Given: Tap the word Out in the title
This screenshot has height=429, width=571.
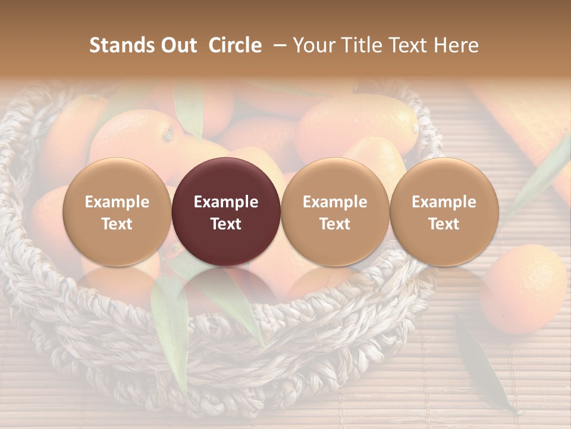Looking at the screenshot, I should click(x=177, y=45).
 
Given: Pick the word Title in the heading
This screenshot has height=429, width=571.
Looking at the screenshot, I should click(x=359, y=45).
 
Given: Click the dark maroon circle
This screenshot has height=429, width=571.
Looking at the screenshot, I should click(x=226, y=212).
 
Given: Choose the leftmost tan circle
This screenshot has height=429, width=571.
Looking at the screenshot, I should click(x=117, y=212).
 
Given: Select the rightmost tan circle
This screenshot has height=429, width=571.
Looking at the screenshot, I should click(x=444, y=212).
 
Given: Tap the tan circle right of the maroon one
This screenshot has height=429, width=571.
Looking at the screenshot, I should click(x=335, y=212).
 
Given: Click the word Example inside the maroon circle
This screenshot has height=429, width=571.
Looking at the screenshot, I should click(x=226, y=202).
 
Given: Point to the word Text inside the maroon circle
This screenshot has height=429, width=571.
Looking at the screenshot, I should click(x=226, y=224).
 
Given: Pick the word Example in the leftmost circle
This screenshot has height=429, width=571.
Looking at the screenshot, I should click(x=117, y=202).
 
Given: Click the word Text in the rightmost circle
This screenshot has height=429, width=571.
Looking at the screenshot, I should click(x=444, y=224).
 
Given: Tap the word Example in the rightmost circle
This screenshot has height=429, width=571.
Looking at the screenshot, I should click(x=444, y=202).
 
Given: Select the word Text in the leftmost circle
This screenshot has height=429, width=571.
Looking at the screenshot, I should click(x=117, y=224).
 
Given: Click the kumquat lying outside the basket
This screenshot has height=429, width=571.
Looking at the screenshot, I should click(x=523, y=288).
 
